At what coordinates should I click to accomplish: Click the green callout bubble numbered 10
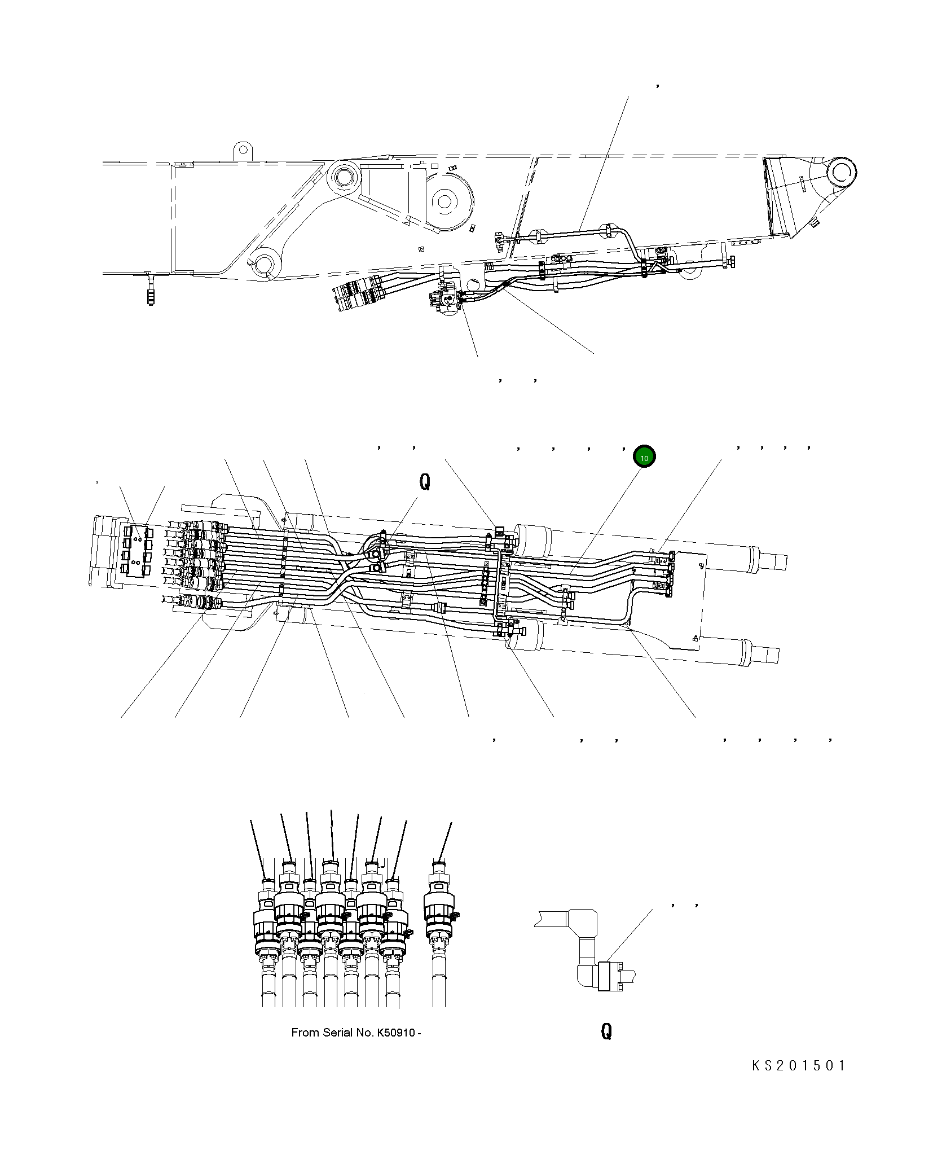644,457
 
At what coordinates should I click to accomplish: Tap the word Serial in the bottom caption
339,1033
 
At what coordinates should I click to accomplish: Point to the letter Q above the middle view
425,481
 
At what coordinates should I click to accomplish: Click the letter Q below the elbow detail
606,1032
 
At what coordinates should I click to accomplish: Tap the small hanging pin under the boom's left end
151,290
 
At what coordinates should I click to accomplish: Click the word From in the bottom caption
305,1033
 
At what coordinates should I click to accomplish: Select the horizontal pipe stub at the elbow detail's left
551,917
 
